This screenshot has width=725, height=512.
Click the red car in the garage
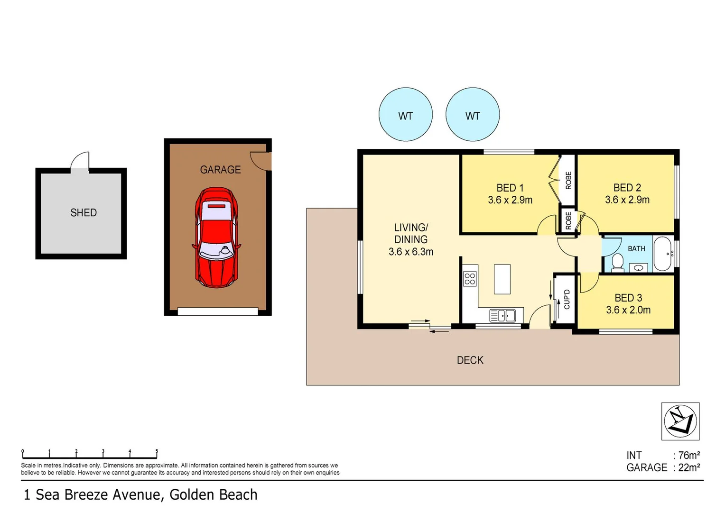pyautogui.click(x=216, y=238)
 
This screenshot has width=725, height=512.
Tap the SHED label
pyautogui.click(x=84, y=212)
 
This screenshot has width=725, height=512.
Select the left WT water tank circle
pyautogui.click(x=406, y=114)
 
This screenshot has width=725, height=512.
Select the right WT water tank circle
pyautogui.click(x=473, y=114)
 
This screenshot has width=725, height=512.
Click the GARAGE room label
pyautogui.click(x=221, y=169)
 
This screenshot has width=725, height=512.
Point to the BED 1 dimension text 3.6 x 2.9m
pyautogui.click(x=510, y=200)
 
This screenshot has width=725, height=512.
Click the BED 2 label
pyautogui.click(x=627, y=188)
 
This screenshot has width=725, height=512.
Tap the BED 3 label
pyautogui.click(x=628, y=298)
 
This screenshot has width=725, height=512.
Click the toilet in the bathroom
pyautogui.click(x=618, y=262)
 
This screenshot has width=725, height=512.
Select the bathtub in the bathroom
pyautogui.click(x=663, y=254)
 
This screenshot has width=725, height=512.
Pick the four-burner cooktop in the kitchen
pyautogui.click(x=470, y=279)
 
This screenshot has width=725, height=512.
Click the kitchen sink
pyautogui.click(x=502, y=316)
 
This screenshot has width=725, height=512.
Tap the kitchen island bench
pyautogui.click(x=502, y=279)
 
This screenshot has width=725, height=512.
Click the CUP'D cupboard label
pyautogui.click(x=567, y=299)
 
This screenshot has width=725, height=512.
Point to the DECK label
pyautogui.click(x=470, y=360)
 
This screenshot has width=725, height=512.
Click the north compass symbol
pyautogui.click(x=680, y=421)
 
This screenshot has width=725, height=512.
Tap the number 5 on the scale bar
pyautogui.click(x=157, y=451)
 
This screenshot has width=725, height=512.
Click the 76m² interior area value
pyautogui.click(x=689, y=456)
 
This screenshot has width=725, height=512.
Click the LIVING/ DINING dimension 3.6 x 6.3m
pyautogui.click(x=411, y=252)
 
